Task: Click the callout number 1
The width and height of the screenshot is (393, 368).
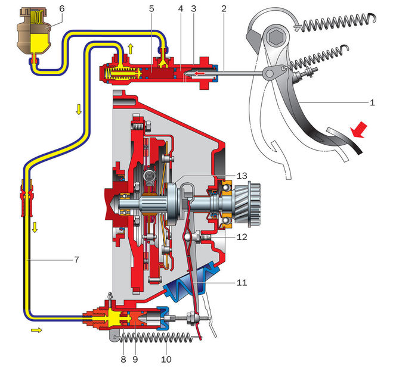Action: [372, 102]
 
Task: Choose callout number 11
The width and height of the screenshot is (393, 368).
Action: [241, 282]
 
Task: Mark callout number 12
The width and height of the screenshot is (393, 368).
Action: [241, 236]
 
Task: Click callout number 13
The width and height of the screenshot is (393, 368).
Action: [241, 176]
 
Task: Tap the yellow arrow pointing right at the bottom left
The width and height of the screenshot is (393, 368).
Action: [36, 329]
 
